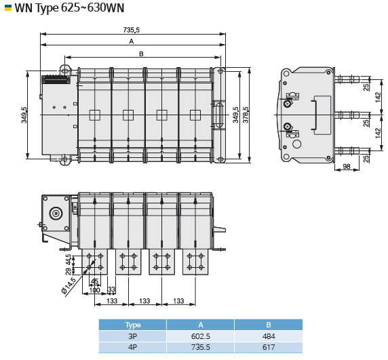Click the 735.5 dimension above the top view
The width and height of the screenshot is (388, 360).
[131, 30]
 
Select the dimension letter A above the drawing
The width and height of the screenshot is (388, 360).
[132, 41]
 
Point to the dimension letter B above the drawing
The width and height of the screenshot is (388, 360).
[141, 54]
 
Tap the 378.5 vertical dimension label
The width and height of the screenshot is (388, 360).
[246, 115]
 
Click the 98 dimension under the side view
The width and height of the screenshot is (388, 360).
[347, 166]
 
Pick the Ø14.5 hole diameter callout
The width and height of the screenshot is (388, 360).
[69, 286]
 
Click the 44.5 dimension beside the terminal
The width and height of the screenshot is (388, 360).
[68, 260]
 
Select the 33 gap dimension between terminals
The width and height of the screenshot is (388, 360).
[111, 289]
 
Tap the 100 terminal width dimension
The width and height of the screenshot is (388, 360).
[94, 290]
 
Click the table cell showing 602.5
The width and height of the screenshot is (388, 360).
[200, 336]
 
